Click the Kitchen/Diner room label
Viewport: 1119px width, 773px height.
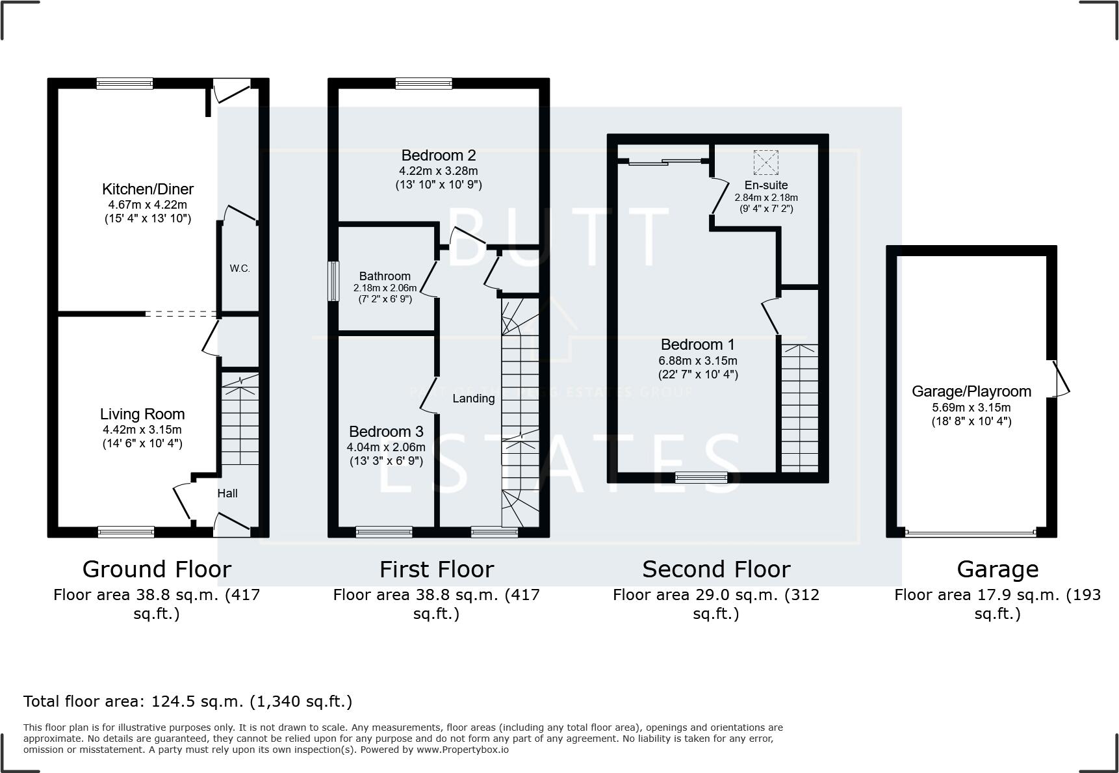148,189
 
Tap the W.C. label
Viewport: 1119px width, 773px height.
239,269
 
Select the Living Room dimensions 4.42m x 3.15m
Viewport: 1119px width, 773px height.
142,430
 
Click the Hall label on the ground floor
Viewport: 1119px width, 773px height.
227,493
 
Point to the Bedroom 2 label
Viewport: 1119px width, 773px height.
438,155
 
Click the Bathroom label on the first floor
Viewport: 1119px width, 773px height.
385,276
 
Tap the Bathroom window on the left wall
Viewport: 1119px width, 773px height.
333,281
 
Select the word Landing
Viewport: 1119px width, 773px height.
473,399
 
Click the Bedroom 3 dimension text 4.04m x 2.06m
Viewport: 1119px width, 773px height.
386,447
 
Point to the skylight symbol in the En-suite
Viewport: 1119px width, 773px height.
765,163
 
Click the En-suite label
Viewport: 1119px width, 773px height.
766,185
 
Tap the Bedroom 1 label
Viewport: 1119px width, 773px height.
697,345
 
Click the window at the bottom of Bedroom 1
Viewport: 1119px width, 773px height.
701,478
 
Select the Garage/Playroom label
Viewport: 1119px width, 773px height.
971,391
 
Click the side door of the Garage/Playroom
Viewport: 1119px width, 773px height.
1061,378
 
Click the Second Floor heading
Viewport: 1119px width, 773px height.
715,570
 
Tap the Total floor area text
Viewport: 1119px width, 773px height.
188,701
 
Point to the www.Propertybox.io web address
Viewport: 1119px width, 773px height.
462,750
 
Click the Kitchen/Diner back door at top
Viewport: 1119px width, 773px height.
232,90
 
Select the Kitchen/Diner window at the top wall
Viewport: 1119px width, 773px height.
125,83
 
